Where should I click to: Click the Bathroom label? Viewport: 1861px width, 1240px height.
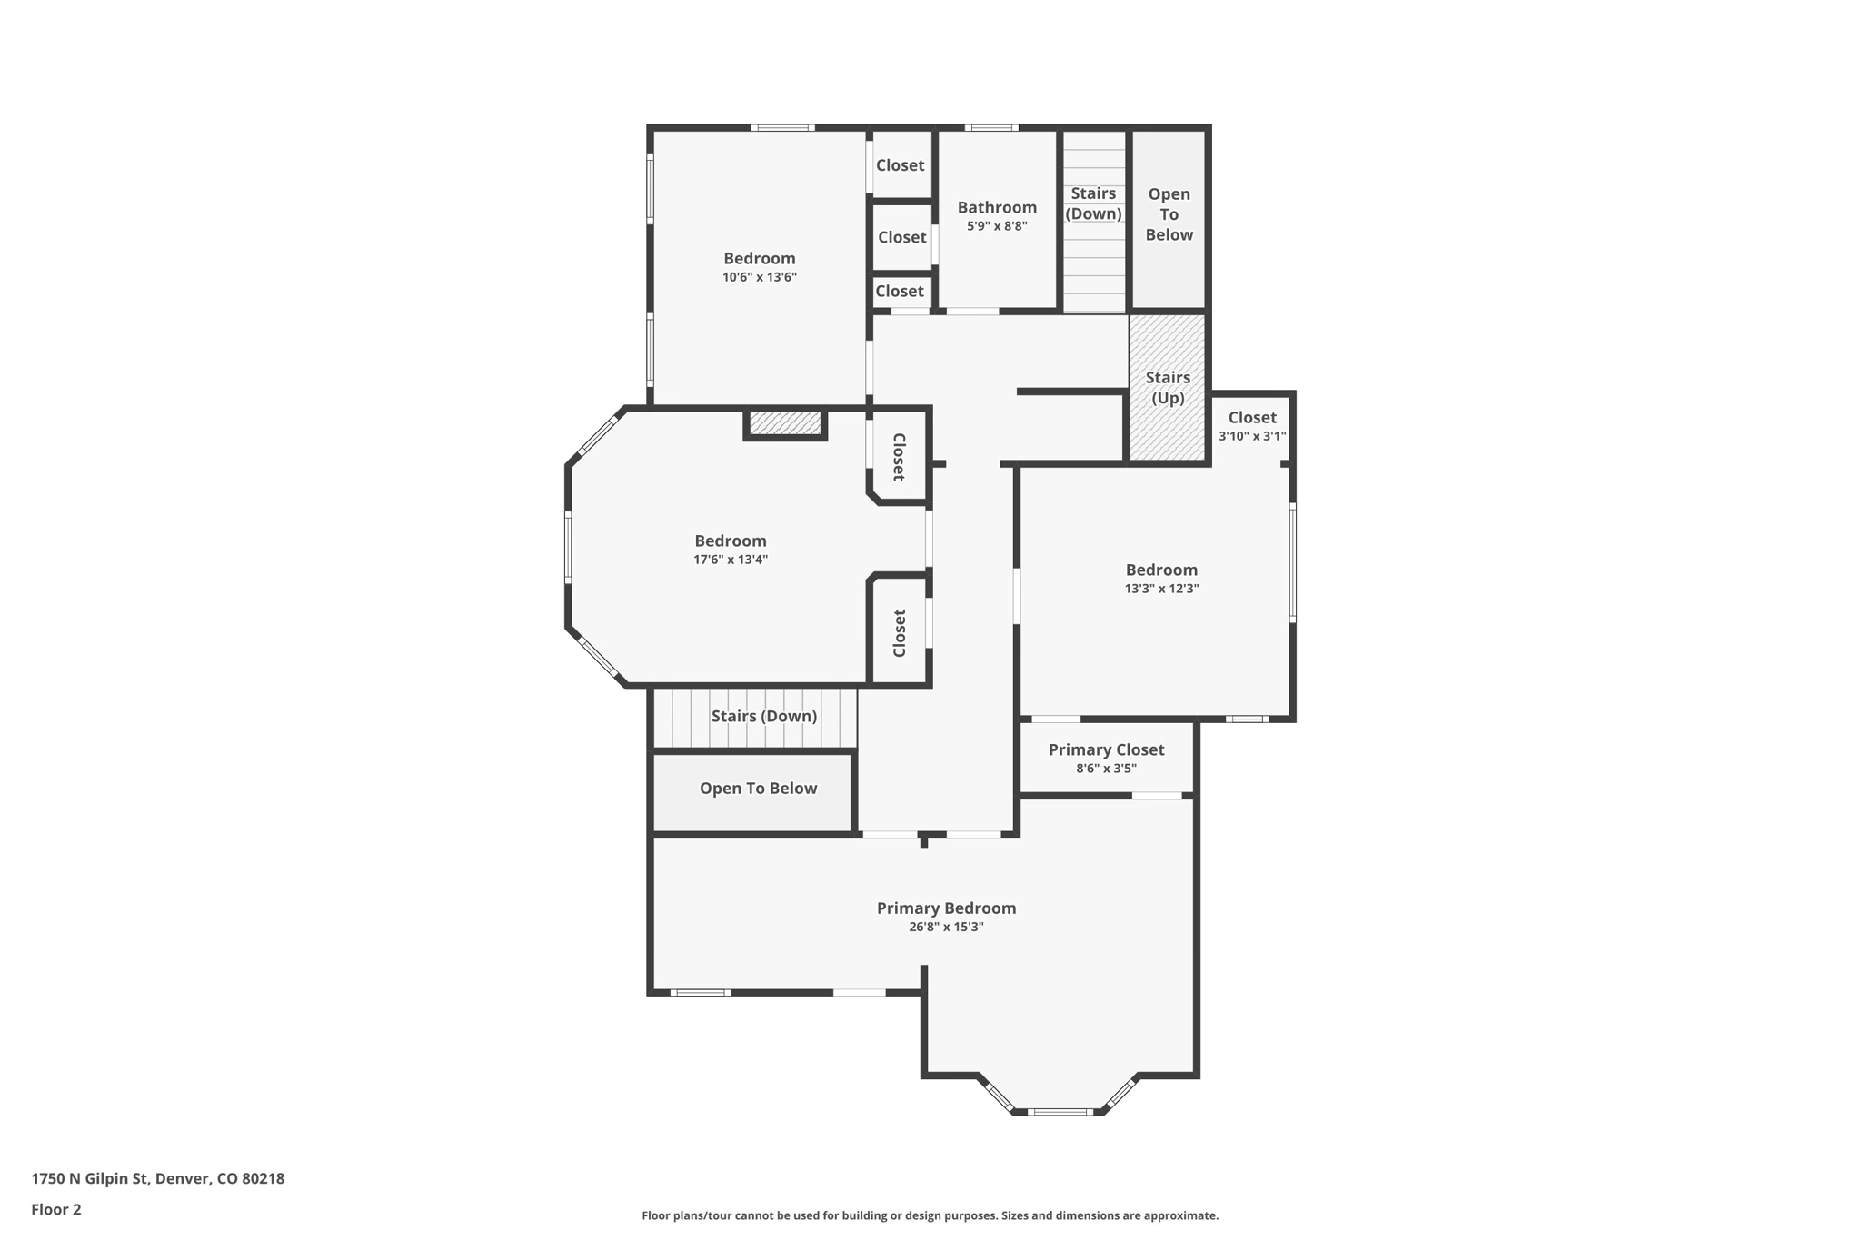pyautogui.click(x=997, y=207)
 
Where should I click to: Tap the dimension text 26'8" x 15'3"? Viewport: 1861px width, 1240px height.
pyautogui.click(x=946, y=928)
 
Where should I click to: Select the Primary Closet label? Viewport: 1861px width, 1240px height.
pyautogui.click(x=1106, y=749)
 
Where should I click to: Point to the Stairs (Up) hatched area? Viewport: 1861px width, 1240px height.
pyautogui.click(x=1168, y=388)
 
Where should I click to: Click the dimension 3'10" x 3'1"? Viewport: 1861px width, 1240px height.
pyautogui.click(x=1252, y=436)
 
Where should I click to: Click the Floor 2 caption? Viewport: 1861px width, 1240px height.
pyautogui.click(x=56, y=1209)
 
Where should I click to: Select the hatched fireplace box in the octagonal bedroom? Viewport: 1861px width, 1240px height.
pyautogui.click(x=785, y=423)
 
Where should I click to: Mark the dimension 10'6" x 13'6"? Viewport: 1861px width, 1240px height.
pyautogui.click(x=760, y=277)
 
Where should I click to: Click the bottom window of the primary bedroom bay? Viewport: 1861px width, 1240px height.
pyautogui.click(x=1059, y=1111)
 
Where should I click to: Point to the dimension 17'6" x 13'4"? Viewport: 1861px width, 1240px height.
pyautogui.click(x=731, y=560)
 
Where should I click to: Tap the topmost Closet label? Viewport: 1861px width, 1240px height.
pyautogui.click(x=900, y=165)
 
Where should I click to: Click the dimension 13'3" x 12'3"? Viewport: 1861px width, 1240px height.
pyautogui.click(x=1161, y=589)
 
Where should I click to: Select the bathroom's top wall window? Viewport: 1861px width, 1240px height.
pyautogui.click(x=990, y=128)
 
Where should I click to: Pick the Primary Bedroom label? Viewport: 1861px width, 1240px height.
pyautogui.click(x=946, y=908)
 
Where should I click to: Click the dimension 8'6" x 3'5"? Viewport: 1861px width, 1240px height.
pyautogui.click(x=1106, y=769)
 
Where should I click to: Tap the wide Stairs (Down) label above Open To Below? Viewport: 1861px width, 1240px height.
pyautogui.click(x=763, y=716)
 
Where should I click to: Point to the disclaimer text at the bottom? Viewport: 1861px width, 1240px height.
pyautogui.click(x=930, y=1215)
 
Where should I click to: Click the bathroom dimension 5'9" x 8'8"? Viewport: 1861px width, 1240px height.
pyautogui.click(x=997, y=226)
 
